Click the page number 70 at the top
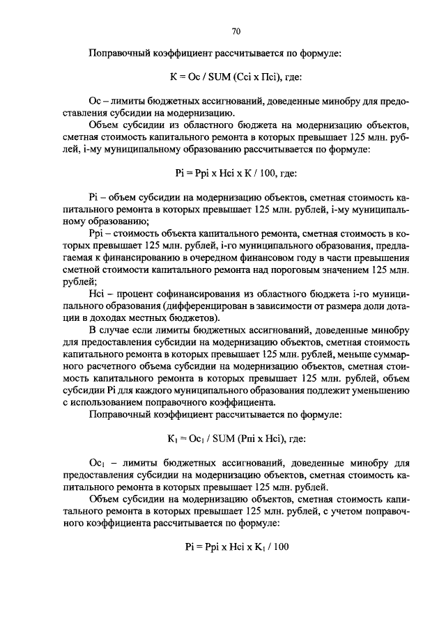click(236, 31)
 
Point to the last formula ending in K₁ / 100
click(236, 546)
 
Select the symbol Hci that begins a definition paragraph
click(98, 295)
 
